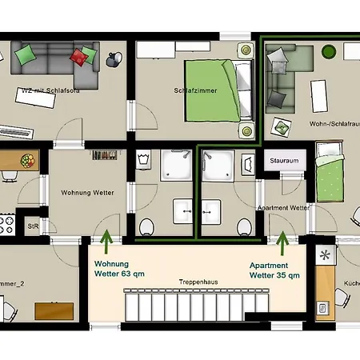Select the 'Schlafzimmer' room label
point(191,90)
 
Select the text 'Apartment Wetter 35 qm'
point(275,270)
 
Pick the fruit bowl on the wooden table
point(27,160)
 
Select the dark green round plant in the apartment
point(329,52)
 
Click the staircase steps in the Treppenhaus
point(191,307)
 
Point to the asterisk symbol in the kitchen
point(325,257)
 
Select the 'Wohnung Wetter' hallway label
point(87,193)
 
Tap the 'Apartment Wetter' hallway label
point(282,208)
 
